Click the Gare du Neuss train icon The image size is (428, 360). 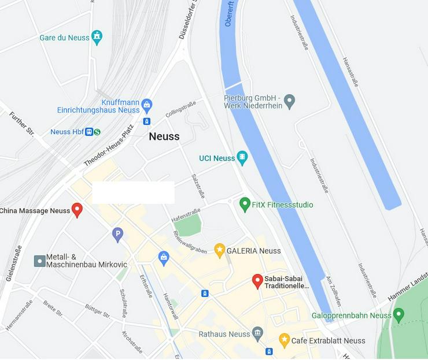point(97,37)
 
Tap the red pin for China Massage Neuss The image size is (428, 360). point(76,210)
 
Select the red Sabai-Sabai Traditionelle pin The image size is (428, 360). point(257,281)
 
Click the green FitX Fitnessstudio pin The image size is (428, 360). point(245,204)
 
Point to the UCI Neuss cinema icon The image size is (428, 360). point(242,157)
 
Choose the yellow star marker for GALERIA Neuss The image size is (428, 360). point(219,250)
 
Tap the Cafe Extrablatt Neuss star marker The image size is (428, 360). point(284,340)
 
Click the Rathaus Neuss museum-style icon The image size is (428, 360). point(258,333)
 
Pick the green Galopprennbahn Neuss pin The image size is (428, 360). point(398,315)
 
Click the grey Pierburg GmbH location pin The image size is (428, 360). point(290,102)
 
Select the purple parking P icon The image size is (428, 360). point(117,234)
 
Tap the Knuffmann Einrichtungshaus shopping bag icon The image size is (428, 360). point(147,105)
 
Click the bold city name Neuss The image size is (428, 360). point(164,137)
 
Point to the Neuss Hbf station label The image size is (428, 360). point(68,132)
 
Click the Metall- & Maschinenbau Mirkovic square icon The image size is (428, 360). point(39,261)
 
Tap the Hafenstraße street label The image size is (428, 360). point(186,215)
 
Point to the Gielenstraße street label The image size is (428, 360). point(13,263)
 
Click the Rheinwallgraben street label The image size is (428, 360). point(190,243)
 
